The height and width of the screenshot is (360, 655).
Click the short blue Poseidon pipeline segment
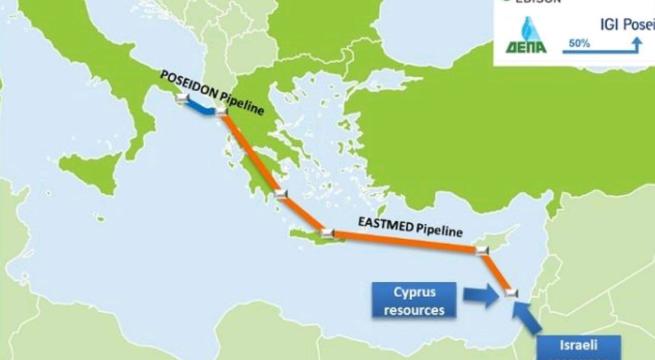(x=199, y=109)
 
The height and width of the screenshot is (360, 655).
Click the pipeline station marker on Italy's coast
(x=178, y=100)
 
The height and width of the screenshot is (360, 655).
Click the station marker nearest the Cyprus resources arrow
(x=508, y=292)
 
